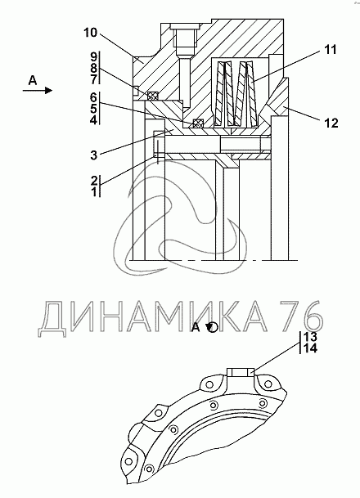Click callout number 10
[x=90, y=33]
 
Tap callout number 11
[x=330, y=50]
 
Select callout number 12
[x=331, y=123]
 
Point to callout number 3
[x=93, y=155]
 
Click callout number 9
[x=93, y=57]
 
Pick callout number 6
[x=93, y=97]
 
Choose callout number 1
[x=94, y=192]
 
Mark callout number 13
[x=310, y=336]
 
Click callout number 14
[x=310, y=348]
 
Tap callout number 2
[x=94, y=181]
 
